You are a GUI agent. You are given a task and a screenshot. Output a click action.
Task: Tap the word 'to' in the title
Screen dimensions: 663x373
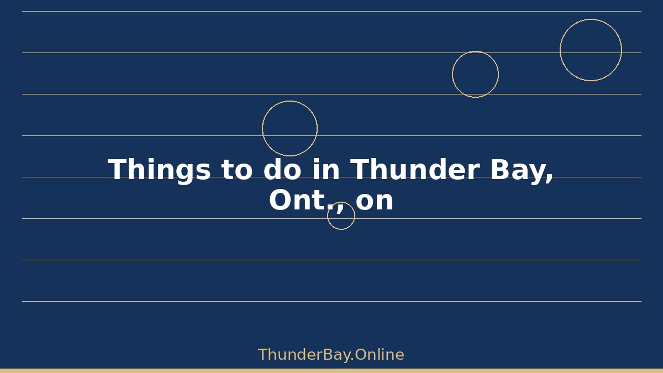[x=237, y=169]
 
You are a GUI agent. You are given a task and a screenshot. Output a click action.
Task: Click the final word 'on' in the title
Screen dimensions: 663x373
[x=375, y=201]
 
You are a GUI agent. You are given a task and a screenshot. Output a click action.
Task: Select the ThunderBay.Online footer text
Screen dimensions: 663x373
[x=331, y=355]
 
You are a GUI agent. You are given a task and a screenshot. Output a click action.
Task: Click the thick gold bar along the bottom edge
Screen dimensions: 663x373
[x=331, y=371]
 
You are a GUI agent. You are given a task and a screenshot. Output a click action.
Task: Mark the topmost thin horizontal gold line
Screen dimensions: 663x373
[x=332, y=11]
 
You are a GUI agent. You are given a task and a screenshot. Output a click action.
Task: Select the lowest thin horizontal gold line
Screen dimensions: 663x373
[x=332, y=301]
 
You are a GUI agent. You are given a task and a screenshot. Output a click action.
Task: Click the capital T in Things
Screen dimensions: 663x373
[x=118, y=169]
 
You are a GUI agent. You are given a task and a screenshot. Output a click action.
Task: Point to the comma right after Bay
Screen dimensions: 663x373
[x=549, y=178]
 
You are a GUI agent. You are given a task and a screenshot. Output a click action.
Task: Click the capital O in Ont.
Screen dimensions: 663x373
[x=280, y=200]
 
